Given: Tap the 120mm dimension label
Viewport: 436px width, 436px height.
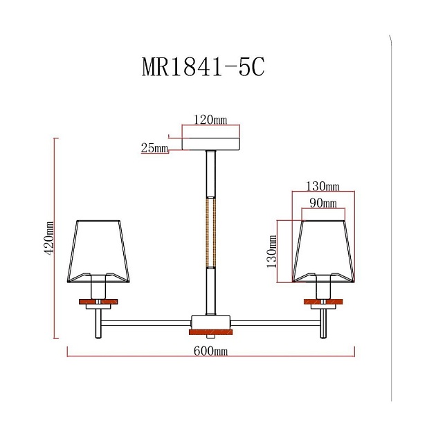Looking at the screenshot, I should click(x=210, y=120).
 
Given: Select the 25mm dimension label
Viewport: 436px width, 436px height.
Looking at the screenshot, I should click(x=154, y=149).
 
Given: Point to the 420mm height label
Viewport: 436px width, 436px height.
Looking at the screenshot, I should click(x=48, y=239).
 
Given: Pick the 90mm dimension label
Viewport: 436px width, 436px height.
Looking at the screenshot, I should click(x=323, y=203).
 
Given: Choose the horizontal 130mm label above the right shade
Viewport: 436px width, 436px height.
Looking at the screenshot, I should click(x=323, y=187).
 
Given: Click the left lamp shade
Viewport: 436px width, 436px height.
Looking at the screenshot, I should click(x=100, y=249).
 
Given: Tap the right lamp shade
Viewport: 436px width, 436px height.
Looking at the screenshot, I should click(x=323, y=249).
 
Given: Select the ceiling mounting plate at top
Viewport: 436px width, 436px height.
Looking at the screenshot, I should click(x=210, y=144).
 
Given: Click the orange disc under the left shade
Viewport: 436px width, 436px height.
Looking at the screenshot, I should click(x=99, y=301).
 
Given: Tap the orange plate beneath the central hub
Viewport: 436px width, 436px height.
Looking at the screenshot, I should click(x=210, y=333).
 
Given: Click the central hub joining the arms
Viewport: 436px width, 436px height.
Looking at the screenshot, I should click(x=210, y=322).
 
